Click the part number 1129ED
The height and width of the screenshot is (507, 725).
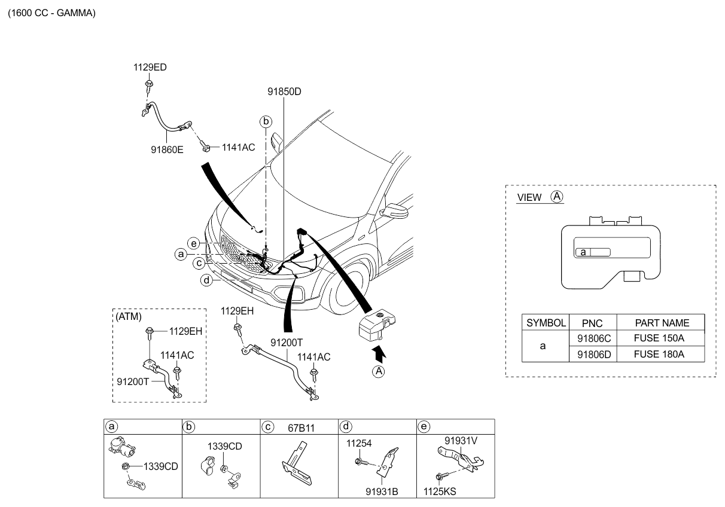pyautogui.click(x=150, y=68)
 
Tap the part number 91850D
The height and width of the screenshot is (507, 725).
pyautogui.click(x=284, y=92)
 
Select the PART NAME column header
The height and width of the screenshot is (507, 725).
pyautogui.click(x=661, y=323)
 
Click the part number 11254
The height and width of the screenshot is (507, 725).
pyautogui.click(x=358, y=444)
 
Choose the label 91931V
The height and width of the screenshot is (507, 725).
pyautogui.click(x=461, y=441)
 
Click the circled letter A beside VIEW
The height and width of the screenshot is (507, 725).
pyautogui.click(x=557, y=197)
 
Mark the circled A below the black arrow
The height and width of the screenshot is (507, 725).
pyautogui.click(x=379, y=372)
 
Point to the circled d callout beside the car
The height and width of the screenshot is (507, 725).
pyautogui.click(x=206, y=280)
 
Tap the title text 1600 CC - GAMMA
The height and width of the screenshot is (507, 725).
pyautogui.click(x=51, y=13)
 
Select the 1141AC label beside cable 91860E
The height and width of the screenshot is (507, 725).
pyautogui.click(x=238, y=147)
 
